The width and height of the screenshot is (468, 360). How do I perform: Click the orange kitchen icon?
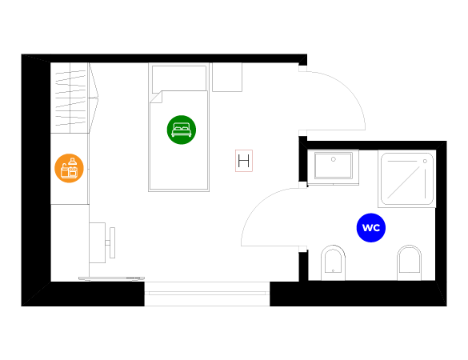(69, 168)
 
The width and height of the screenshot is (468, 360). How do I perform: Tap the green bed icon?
(182, 130)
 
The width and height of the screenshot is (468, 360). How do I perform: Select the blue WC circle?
(371, 228)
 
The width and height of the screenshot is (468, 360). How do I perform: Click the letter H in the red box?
(244, 161)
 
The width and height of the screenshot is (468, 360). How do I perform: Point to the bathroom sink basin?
(333, 166)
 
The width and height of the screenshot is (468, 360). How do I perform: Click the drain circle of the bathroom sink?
(334, 159)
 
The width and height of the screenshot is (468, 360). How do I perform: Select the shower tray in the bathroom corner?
(407, 179)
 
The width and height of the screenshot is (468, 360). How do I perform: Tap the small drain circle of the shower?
(425, 161)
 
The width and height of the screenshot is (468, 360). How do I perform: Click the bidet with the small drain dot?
(333, 262)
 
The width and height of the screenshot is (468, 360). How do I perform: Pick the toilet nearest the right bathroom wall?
(410, 262)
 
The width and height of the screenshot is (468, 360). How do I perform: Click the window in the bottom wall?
(207, 294)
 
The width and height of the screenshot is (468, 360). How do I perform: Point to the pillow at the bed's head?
(179, 79)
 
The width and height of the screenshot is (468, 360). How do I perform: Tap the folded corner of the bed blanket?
(155, 97)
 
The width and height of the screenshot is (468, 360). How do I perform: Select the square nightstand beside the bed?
(227, 77)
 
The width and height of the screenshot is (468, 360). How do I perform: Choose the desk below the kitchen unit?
(98, 242)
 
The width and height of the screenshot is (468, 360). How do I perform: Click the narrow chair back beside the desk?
(112, 242)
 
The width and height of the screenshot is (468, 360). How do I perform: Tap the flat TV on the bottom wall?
(112, 278)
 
